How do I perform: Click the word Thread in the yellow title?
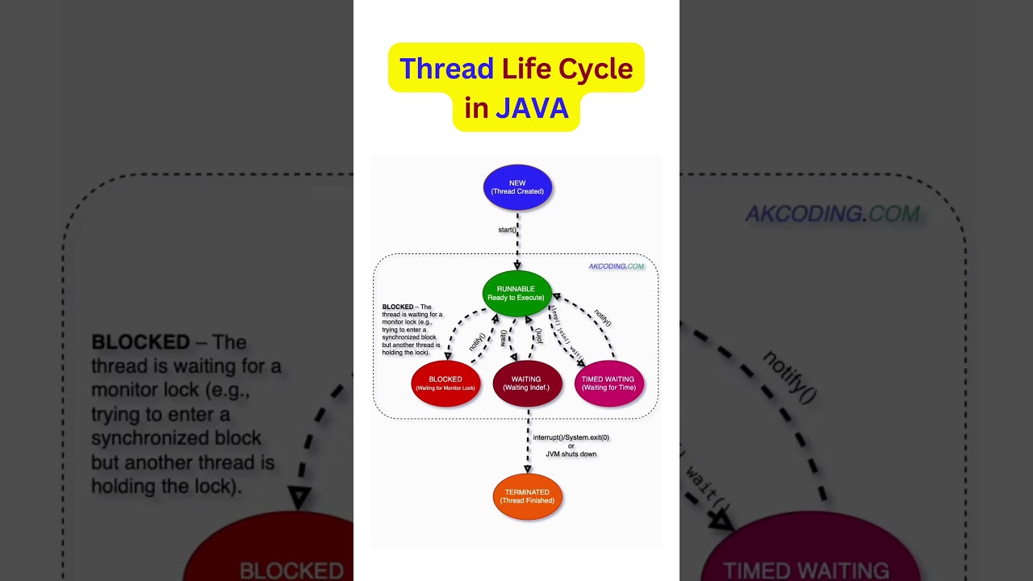(x=446, y=69)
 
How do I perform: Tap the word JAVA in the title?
(x=532, y=108)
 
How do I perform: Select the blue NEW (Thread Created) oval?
(x=517, y=187)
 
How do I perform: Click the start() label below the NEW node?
(x=507, y=230)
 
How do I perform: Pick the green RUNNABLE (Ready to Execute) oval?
(x=516, y=293)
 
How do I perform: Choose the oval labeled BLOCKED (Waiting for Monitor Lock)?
(x=445, y=383)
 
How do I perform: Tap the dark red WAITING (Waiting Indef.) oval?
(x=527, y=383)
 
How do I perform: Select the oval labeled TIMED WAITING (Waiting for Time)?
(x=609, y=383)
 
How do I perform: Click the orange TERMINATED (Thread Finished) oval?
(x=527, y=496)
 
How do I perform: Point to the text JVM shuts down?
(x=571, y=454)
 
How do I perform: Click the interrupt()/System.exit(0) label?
(x=571, y=437)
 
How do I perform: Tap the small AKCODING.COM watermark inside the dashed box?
(x=616, y=266)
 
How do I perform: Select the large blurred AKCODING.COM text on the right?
(x=831, y=214)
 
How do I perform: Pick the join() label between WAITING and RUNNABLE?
(x=538, y=335)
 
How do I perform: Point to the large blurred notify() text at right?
(x=790, y=377)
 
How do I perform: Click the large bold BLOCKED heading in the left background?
(x=140, y=342)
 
